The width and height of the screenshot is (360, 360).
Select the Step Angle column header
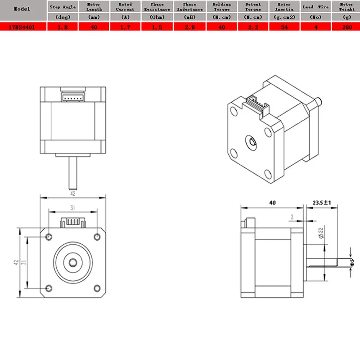click(x=63, y=7)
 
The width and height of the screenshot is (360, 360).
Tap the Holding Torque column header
click(x=221, y=7)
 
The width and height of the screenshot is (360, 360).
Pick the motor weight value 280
click(x=346, y=26)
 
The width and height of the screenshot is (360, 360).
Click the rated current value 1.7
click(x=125, y=26)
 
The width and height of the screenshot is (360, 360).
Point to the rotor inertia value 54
click(x=284, y=26)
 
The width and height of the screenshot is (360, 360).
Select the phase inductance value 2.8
click(x=189, y=26)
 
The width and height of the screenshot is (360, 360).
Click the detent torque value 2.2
click(x=252, y=26)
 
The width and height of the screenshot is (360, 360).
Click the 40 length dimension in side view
click(x=272, y=203)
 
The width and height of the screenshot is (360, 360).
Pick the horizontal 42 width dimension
click(x=73, y=194)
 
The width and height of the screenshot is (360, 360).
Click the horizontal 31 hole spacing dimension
click(x=73, y=207)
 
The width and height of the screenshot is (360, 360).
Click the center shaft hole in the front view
click(x=72, y=261)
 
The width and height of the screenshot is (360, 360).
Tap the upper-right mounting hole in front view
click(x=96, y=237)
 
